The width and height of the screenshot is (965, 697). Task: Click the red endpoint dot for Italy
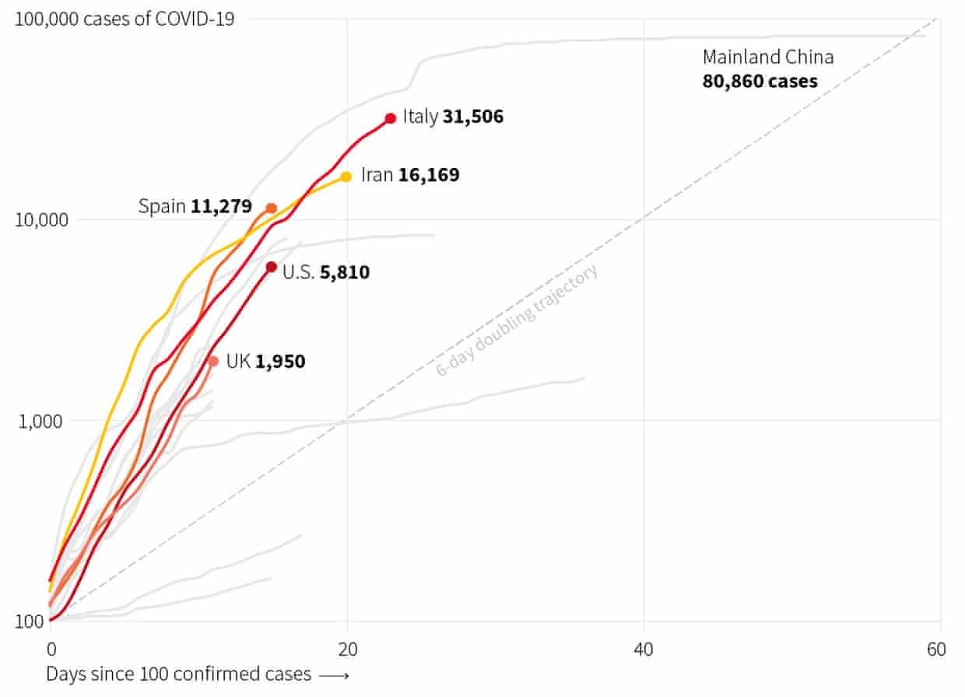click(x=391, y=118)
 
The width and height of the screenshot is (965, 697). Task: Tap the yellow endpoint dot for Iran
click(x=346, y=177)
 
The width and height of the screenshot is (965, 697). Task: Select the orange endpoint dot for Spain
click(x=272, y=208)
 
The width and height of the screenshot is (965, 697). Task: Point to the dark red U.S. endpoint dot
click(x=272, y=268)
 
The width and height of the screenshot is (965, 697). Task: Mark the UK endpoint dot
click(x=213, y=361)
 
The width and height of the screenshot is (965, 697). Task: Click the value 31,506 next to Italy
click(x=473, y=117)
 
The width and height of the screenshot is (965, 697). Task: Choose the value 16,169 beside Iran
click(x=429, y=175)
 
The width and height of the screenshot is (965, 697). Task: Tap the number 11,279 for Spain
click(x=221, y=207)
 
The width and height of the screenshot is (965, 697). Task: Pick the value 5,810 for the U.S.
click(x=345, y=272)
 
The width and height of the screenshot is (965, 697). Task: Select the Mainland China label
click(x=768, y=57)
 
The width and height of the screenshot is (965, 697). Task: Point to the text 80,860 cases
click(x=760, y=81)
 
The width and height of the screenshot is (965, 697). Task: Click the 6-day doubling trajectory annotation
click(x=518, y=320)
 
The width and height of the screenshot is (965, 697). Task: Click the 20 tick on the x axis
click(x=347, y=649)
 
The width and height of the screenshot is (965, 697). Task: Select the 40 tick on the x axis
click(x=644, y=649)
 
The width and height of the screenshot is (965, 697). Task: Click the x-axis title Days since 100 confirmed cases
click(x=178, y=674)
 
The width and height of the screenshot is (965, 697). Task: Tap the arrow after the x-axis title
click(x=334, y=675)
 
